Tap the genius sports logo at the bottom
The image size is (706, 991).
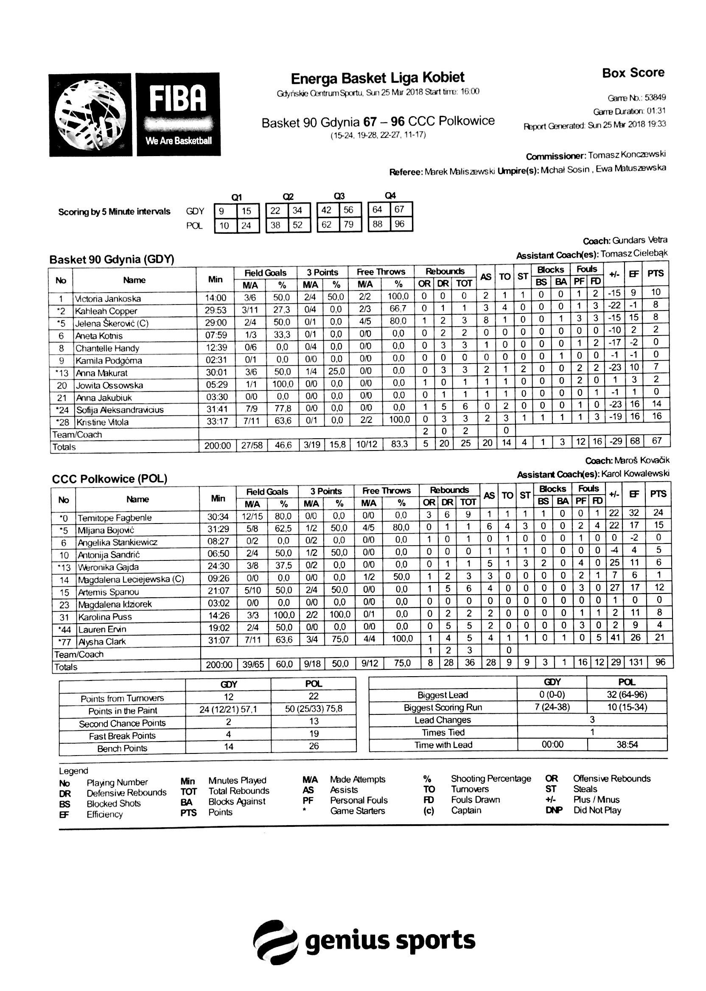pos(364,941)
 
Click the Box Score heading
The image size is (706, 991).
pos(633,73)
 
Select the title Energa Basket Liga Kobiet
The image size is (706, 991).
pos(377,78)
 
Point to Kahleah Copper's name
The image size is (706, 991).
pos(106,311)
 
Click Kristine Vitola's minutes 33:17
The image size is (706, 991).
pos(217,421)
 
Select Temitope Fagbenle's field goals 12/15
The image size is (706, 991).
pos(252,517)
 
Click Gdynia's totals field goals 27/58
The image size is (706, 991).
pos(251,446)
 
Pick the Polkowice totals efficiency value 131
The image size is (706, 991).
pos(635,662)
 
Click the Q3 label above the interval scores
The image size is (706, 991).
pos(339,196)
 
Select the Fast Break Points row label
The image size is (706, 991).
pos(122,736)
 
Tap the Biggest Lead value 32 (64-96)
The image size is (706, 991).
pos(626,694)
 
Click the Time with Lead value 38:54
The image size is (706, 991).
pos(626,745)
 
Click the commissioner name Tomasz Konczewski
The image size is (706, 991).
pos(627,155)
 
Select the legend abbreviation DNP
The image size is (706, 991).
pos(553,810)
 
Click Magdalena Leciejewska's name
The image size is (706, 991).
pos(131,579)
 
